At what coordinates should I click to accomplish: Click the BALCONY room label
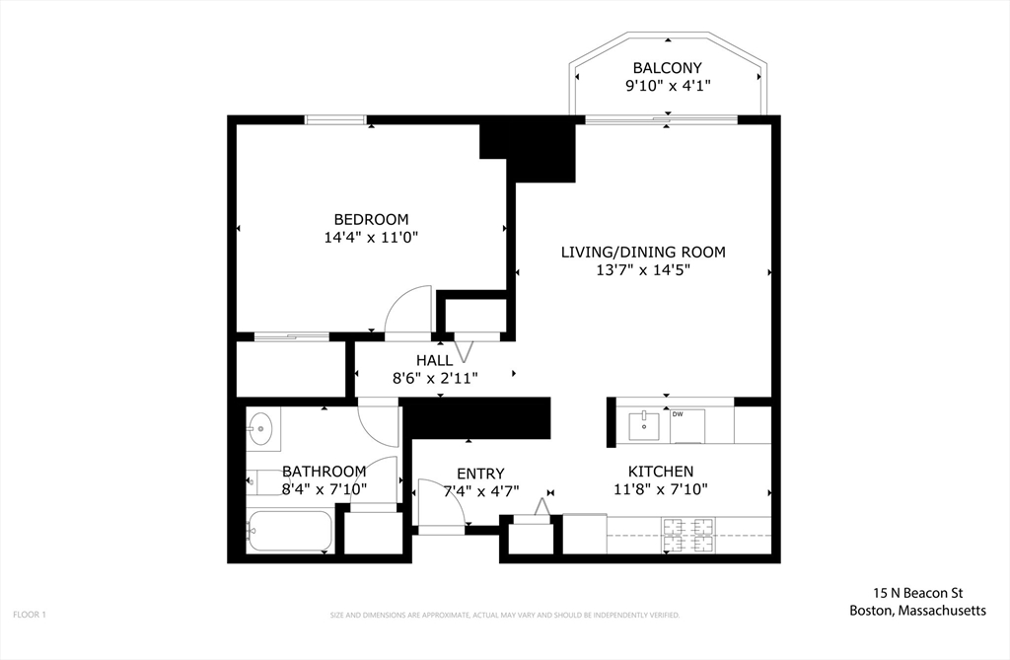coord(668,68)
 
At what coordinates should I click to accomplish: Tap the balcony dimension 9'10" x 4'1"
coord(668,86)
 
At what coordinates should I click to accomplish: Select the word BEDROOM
coord(371,219)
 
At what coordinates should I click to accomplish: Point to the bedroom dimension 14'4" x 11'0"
coord(371,237)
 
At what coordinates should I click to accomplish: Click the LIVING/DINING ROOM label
coord(643,252)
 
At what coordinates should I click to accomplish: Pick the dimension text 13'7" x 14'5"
coord(643,269)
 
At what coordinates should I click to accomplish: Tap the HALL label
coord(434,360)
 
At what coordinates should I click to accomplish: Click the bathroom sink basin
coord(260,428)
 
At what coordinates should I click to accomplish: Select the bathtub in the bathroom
coord(289,531)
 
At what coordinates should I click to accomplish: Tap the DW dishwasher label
coord(678,414)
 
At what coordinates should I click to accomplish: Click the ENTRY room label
coord(480,474)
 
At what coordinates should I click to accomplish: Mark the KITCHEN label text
coord(661,472)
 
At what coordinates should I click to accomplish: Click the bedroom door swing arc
coord(407,310)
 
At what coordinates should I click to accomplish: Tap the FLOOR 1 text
coord(30,615)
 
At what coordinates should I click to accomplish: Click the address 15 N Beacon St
coord(917,593)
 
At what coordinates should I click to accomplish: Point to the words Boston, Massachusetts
coord(917,611)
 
